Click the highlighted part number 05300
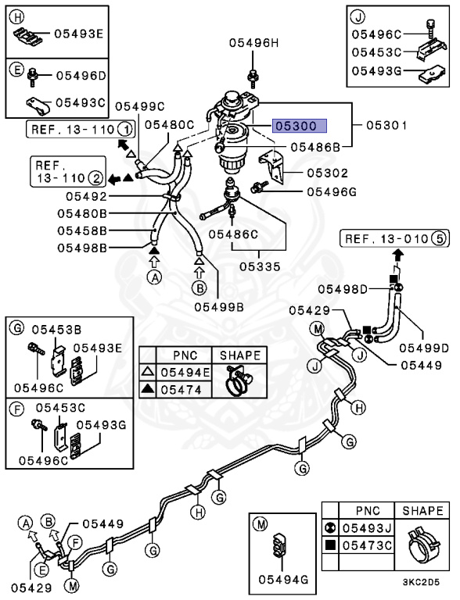(298, 125)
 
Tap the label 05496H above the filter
(254, 45)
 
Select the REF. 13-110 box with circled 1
(80, 128)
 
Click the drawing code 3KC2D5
(423, 582)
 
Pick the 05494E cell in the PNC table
(185, 372)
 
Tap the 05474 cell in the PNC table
(185, 389)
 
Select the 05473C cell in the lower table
(369, 544)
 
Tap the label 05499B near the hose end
(218, 306)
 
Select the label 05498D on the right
(362, 291)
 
